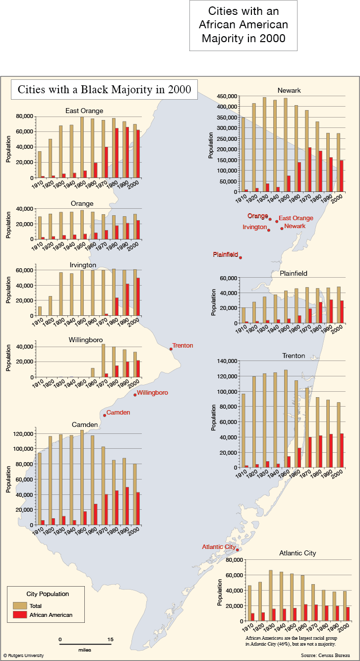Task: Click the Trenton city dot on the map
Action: pyautogui.click(x=171, y=349)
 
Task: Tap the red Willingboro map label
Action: pyautogui.click(x=152, y=393)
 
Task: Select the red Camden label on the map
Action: pyautogui.click(x=118, y=413)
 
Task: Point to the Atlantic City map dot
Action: pyautogui.click(x=237, y=550)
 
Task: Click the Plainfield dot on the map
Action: pyautogui.click(x=240, y=258)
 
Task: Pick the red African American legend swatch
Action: pyautogui.click(x=20, y=615)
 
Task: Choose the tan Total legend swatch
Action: pyautogui.click(x=20, y=606)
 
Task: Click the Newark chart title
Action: pyautogui.click(x=289, y=91)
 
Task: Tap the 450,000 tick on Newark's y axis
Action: pyautogui.click(x=227, y=96)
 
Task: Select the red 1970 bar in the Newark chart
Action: pyautogui.click(x=310, y=170)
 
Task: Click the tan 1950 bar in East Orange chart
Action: pyautogui.click(x=82, y=148)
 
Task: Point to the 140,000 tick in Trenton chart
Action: pyautogui.click(x=227, y=361)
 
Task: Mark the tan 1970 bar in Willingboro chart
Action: pyautogui.click(x=103, y=361)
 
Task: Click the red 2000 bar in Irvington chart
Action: pyautogui.click(x=138, y=297)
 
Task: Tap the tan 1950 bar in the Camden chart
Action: pyautogui.click(x=82, y=478)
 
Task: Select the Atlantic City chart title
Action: pyautogui.click(x=298, y=553)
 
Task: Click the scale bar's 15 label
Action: pyautogui.click(x=111, y=640)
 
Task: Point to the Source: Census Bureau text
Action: pyautogui.click(x=325, y=656)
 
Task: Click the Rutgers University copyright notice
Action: pyautogui.click(x=24, y=656)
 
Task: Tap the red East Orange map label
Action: pyautogui.click(x=296, y=218)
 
